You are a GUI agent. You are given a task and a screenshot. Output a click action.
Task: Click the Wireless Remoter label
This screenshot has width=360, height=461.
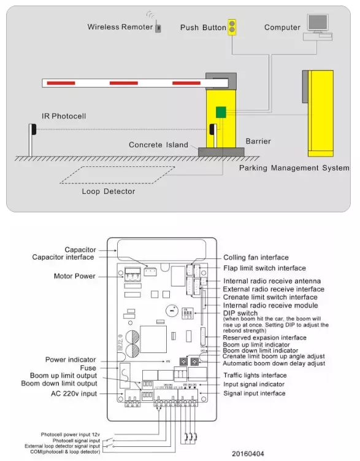(x=120, y=27)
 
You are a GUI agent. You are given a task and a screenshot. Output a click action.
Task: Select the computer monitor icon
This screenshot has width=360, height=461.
(x=318, y=23)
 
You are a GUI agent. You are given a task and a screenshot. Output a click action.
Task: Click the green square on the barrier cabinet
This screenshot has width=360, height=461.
(x=221, y=112)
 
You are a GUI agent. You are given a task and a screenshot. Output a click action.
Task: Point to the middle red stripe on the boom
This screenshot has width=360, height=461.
(x=123, y=82)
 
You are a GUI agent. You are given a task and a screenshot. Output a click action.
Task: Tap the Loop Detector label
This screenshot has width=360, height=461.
(x=109, y=191)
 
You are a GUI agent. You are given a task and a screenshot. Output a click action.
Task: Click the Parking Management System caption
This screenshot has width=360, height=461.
(x=294, y=168)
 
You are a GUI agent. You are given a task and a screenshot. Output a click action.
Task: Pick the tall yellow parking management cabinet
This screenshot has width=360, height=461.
(x=321, y=113)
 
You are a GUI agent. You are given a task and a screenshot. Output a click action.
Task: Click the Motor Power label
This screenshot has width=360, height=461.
(x=75, y=276)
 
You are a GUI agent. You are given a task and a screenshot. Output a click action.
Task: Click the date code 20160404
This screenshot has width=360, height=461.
(x=248, y=453)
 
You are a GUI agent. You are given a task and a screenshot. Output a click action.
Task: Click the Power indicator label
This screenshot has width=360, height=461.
(x=71, y=360)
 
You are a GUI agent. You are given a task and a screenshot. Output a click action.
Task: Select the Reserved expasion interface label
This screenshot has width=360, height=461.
(x=264, y=337)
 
